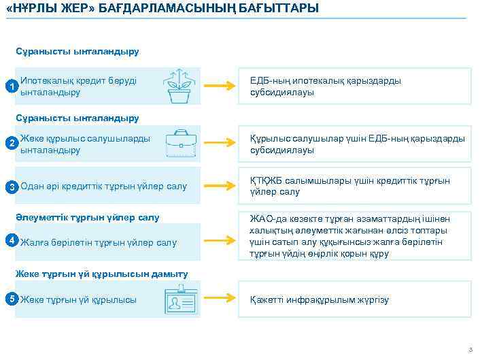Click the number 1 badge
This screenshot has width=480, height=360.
pyautogui.click(x=10, y=86)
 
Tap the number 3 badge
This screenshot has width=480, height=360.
pyautogui.click(x=10, y=186)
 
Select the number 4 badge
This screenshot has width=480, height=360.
pyautogui.click(x=10, y=240)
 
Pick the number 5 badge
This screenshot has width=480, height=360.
pyautogui.click(x=10, y=298)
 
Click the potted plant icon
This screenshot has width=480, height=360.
pyautogui.click(x=179, y=86)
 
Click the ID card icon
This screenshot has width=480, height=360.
pyautogui.click(x=181, y=299)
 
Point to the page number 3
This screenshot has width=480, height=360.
pyautogui.click(x=469, y=350)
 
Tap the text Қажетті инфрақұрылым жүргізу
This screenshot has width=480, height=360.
pyautogui.click(x=319, y=300)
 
